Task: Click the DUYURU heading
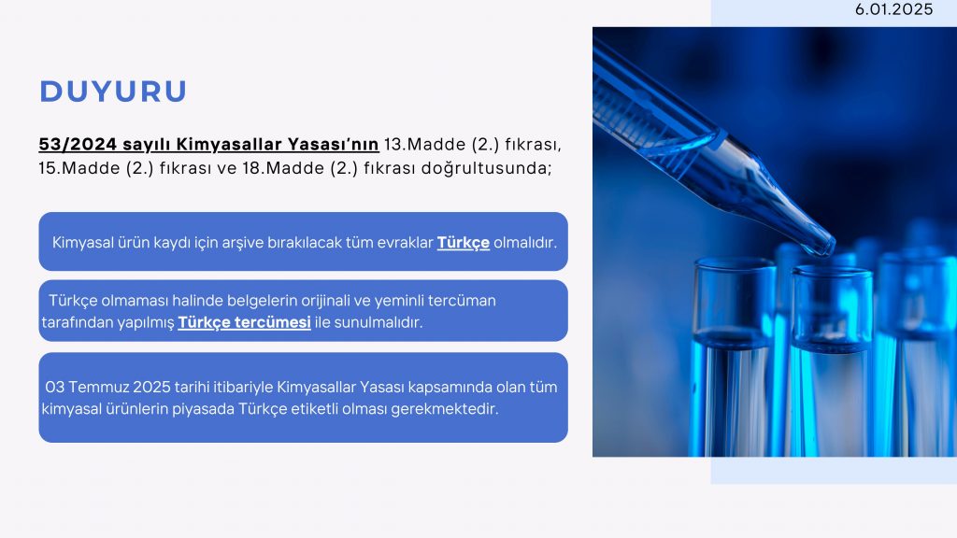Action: (113, 92)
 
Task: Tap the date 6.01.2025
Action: (893, 9)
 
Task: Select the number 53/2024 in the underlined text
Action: (78, 145)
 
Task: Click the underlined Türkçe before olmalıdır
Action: (464, 242)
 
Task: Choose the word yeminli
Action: (399, 301)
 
